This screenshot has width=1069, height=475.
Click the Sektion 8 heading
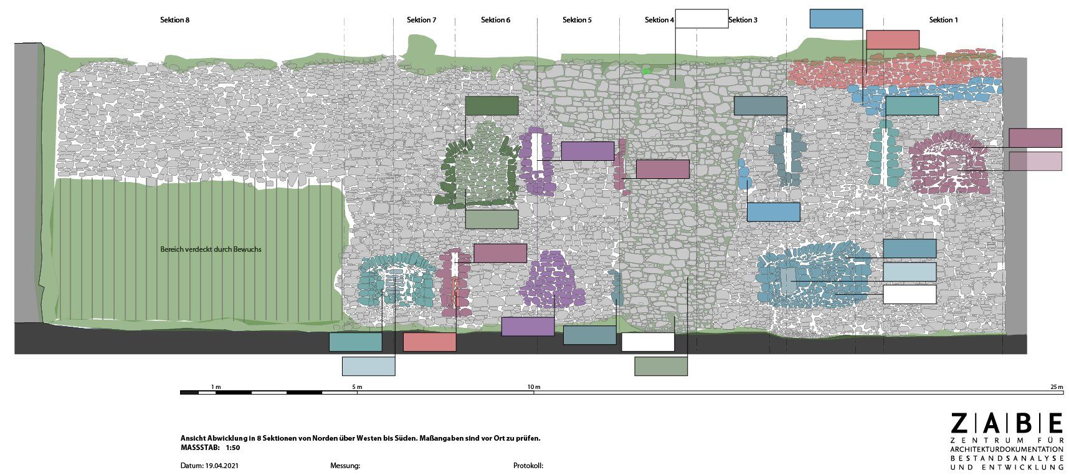pos(174,20)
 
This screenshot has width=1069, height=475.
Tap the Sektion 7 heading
pos(421,20)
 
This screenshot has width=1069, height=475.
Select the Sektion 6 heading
pos(495,20)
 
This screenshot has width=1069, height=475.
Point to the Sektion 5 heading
pos(577,20)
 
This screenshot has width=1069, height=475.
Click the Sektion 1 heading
pos(943,20)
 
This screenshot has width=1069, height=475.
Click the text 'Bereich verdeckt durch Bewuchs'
pos(211,249)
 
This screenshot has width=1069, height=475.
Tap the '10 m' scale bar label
pos(534,387)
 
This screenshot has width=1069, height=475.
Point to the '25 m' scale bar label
pos(1057,387)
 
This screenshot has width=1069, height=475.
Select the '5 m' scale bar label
pos(357,387)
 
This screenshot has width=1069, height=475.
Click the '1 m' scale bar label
pos(216,387)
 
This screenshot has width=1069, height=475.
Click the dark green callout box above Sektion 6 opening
pos(492,106)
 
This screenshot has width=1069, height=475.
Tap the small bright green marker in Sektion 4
pos(647,72)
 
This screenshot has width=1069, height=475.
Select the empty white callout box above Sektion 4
pos(701,19)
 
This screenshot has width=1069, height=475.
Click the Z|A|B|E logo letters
pos(1007,423)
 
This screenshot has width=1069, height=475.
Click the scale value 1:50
pos(232,448)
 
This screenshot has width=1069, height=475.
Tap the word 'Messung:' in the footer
pos(345,466)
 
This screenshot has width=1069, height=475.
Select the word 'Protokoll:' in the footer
pos(528,466)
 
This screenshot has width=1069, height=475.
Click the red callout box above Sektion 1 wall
pos(893,40)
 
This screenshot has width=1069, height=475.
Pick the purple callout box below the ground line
pos(528,327)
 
